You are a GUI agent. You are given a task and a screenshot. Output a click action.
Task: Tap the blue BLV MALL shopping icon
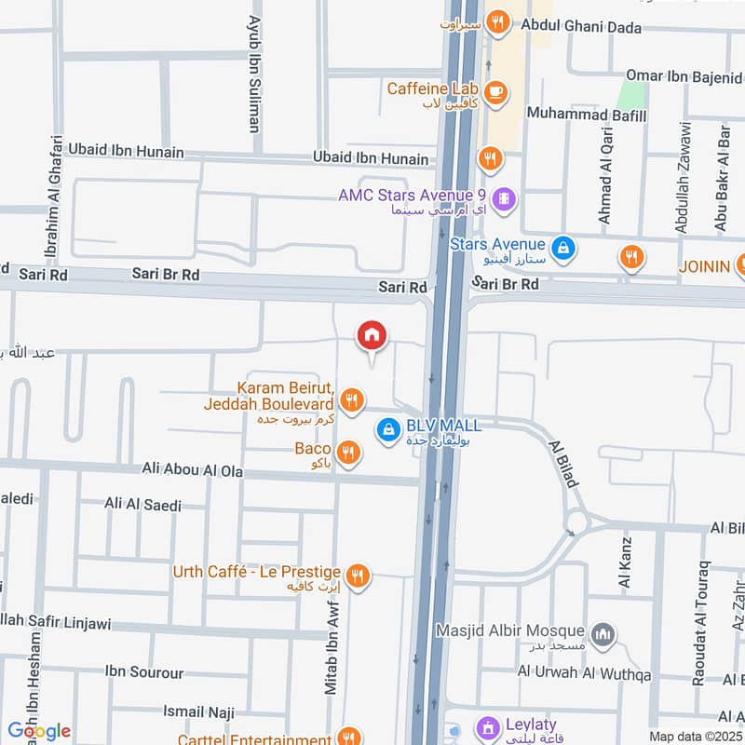(x=388, y=429)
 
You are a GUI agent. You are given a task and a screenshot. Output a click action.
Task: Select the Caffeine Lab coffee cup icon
(x=495, y=91)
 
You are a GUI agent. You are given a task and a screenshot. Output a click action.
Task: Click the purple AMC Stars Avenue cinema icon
(x=505, y=197)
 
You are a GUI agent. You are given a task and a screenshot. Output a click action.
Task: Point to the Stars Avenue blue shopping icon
(x=562, y=248)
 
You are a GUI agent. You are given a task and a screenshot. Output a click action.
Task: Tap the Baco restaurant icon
(x=348, y=453)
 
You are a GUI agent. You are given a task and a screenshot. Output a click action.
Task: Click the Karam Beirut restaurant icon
(x=350, y=400)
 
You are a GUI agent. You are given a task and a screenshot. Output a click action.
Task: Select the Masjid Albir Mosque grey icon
(x=604, y=633)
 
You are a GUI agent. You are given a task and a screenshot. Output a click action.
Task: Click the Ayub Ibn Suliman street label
(x=253, y=73)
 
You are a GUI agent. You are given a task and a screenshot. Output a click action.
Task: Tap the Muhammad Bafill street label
(x=586, y=114)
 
